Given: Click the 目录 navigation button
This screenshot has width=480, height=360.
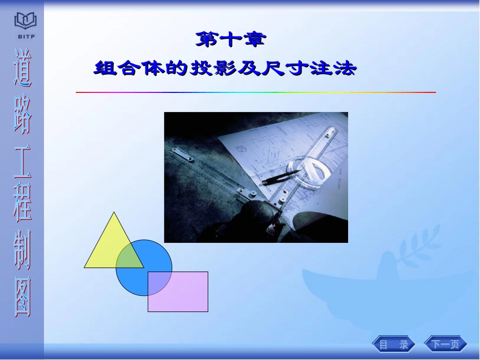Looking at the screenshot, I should [x=394, y=345].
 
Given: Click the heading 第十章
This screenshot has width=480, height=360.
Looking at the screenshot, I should [x=230, y=40].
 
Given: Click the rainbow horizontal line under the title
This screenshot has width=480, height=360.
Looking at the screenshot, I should [x=256, y=92].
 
